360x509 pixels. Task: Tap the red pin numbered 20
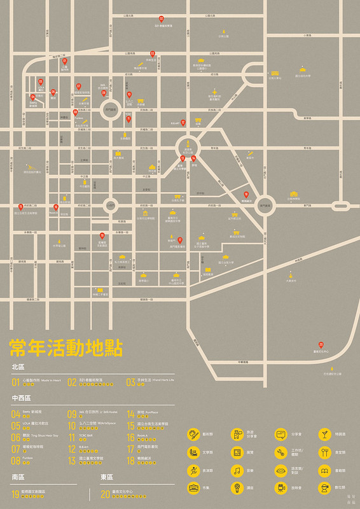pyautogui.click(x=321, y=344)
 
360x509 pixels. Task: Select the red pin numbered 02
pyautogui.click(x=162, y=19)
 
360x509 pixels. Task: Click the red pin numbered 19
pyautogui.click(x=102, y=235)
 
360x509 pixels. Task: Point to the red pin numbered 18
pyautogui.click(x=246, y=194)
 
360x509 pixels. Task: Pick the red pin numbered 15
pyautogui.click(x=20, y=206)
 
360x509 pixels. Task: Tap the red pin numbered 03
pyautogui.click(x=153, y=53)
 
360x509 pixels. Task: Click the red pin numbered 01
pyautogui.click(x=64, y=61)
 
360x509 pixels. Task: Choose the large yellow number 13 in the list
pyautogui.click(x=71, y=458)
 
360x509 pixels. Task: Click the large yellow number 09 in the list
pyautogui.click(x=71, y=414)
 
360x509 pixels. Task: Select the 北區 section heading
pyautogui.click(x=17, y=367)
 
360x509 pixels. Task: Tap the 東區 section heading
pyautogui.click(x=106, y=477)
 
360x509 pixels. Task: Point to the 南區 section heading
pyautogui.click(x=17, y=477)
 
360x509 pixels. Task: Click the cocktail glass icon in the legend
pyautogui.click(x=324, y=435)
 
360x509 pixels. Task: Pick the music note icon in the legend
pyautogui.click(x=237, y=471)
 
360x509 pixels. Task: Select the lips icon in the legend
pyautogui.click(x=280, y=471)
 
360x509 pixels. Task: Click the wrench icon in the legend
pyautogui.click(x=280, y=453)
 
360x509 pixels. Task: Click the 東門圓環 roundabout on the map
pyautogui.click(x=265, y=205)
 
